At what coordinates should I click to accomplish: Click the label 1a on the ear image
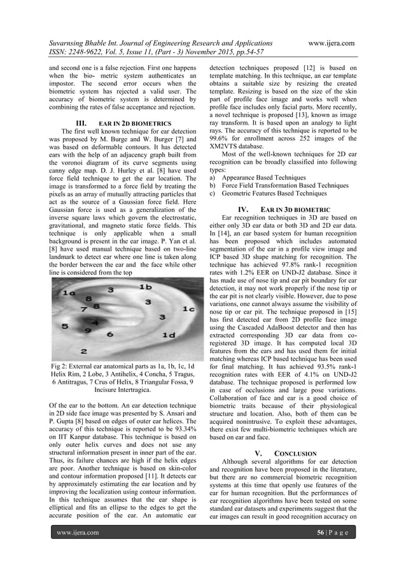pos(65,293)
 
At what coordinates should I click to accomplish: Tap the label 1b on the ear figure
pos(146,288)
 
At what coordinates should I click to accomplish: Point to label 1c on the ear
pos(188,309)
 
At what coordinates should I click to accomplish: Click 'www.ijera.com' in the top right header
pos(330,43)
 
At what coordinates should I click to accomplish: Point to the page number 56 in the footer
pos(321,532)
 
